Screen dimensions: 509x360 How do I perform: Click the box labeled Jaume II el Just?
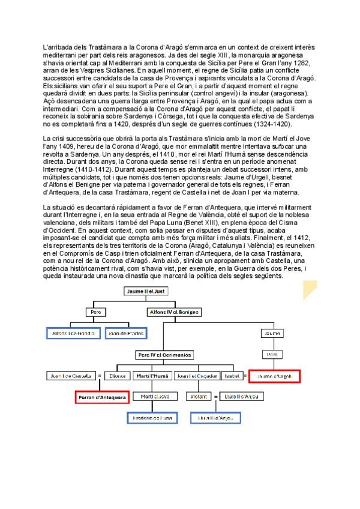146,291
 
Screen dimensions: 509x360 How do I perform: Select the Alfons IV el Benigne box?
173,312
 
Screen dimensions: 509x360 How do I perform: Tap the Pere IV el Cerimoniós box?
164,355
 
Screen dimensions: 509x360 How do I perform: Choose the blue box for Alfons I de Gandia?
73,333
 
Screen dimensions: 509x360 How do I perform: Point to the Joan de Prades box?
125,333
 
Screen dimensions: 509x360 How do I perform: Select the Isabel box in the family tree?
232,376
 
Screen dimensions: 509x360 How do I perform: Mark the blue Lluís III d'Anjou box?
215,418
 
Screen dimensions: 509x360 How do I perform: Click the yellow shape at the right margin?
310,291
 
